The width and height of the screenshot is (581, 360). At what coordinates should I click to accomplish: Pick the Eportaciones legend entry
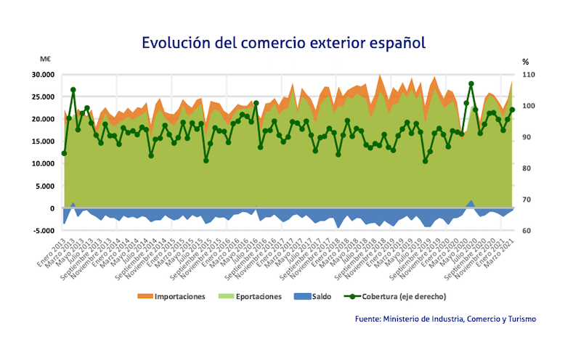(251, 296)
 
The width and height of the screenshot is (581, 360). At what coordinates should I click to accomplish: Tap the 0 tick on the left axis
(52, 208)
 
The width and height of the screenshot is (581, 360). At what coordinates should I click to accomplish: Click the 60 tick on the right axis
(526, 231)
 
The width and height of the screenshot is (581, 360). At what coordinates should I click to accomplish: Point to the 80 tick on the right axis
(526, 168)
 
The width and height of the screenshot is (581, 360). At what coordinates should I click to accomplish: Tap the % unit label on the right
(525, 62)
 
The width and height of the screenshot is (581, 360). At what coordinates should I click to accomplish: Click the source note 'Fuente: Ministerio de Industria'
(446, 319)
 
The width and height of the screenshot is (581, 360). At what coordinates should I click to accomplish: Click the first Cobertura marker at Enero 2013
(64, 153)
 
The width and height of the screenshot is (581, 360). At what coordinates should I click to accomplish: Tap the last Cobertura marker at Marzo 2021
(512, 110)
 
